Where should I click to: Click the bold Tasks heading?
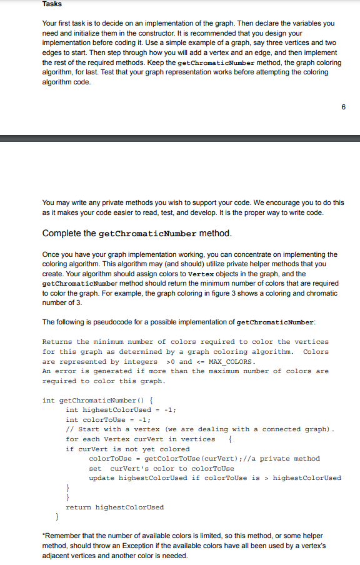(52, 4)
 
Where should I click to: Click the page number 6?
(343, 107)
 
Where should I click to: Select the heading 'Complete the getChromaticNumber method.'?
(136, 233)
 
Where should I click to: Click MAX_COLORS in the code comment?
(233, 361)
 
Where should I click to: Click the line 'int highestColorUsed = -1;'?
(121, 410)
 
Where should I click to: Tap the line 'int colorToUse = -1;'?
(108, 419)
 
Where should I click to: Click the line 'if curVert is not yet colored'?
(127, 449)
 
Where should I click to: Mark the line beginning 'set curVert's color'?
(162, 468)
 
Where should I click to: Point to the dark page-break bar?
(180, 138)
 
